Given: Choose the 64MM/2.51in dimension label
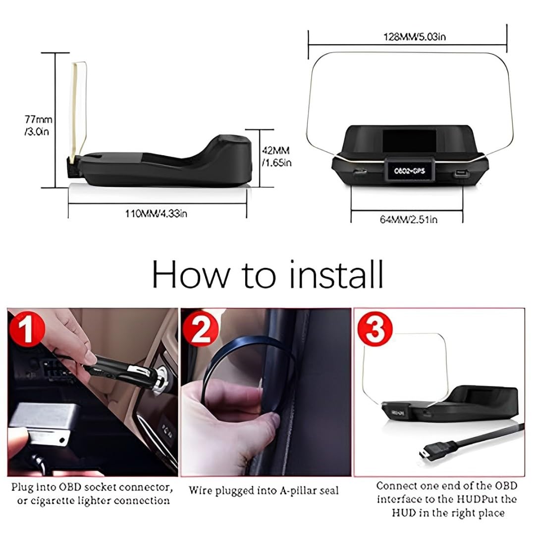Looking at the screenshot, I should click(x=408, y=219).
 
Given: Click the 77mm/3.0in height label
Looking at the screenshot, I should click(x=39, y=126).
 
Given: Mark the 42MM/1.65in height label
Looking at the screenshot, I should click(x=276, y=156).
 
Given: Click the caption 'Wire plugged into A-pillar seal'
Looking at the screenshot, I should click(x=264, y=490).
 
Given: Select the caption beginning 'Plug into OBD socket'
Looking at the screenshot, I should click(x=92, y=493).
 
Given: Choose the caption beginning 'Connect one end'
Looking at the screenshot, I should click(x=439, y=499).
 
